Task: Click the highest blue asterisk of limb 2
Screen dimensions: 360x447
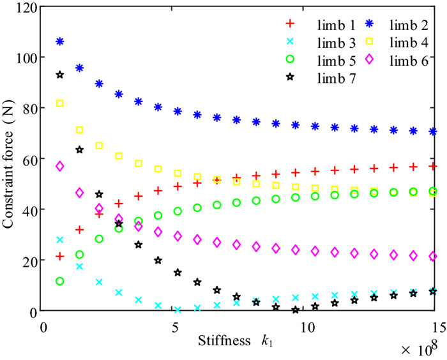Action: click(x=60, y=41)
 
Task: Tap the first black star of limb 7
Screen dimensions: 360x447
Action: click(x=60, y=75)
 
